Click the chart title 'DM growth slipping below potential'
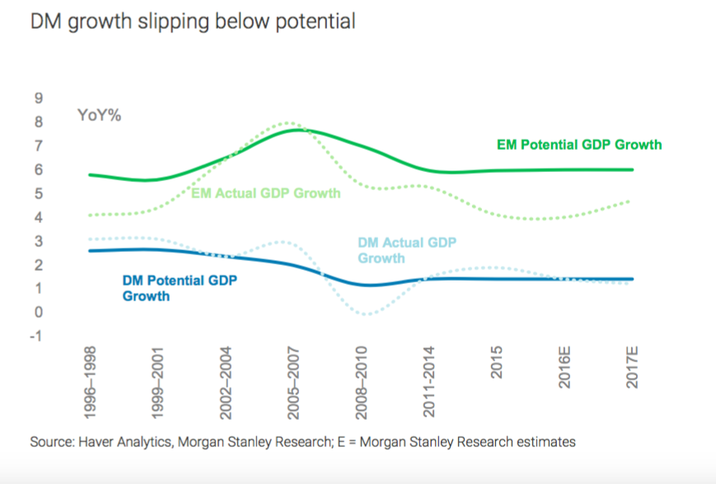pyautogui.click(x=193, y=21)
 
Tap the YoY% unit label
pyautogui.click(x=100, y=115)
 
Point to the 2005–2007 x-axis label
pyautogui.click(x=292, y=383)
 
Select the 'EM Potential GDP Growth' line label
pyautogui.click(x=579, y=145)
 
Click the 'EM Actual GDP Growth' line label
pyautogui.click(x=265, y=194)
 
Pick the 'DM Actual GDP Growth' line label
pyautogui.click(x=407, y=250)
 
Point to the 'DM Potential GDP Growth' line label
pyautogui.click(x=180, y=288)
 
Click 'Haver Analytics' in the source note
pyautogui.click(x=124, y=442)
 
